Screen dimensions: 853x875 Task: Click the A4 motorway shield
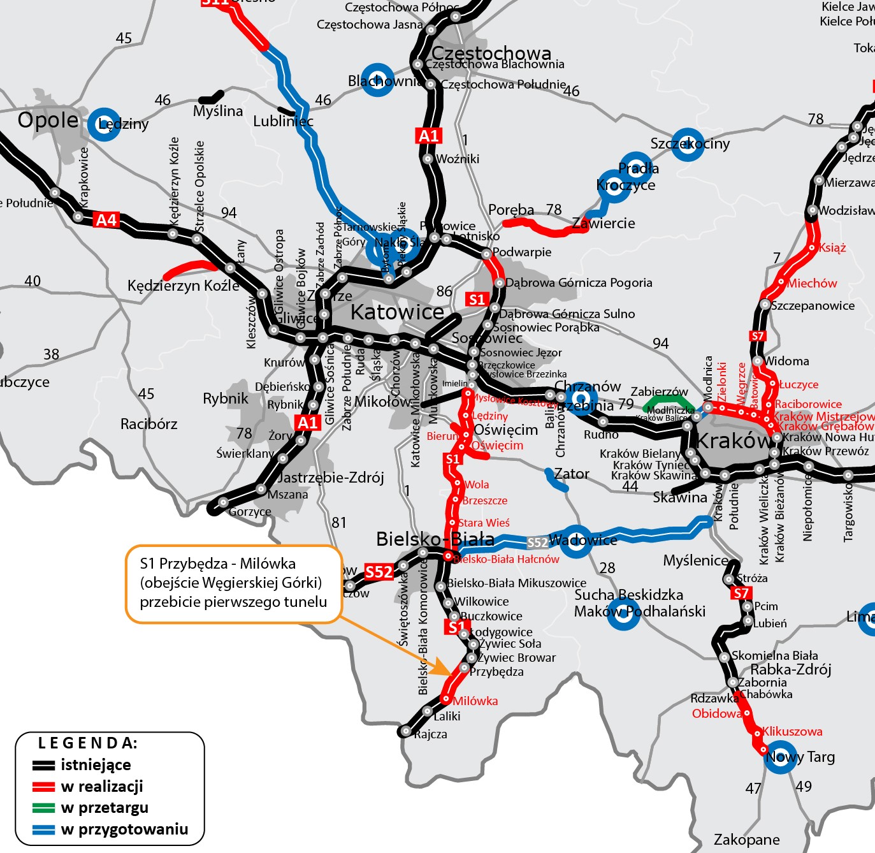coord(106,220)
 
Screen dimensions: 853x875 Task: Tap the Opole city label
coord(48,120)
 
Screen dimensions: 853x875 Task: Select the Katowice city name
coord(397,312)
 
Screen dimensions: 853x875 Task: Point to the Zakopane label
coord(746,839)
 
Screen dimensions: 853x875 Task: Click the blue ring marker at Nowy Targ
coord(779,757)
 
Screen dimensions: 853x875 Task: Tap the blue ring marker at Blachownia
coord(377,80)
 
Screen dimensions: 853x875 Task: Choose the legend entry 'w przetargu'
coord(105,808)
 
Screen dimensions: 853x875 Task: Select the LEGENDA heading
coord(87,743)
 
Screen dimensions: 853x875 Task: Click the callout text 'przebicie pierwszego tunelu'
coord(233,602)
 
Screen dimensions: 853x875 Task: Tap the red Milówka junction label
coord(475,701)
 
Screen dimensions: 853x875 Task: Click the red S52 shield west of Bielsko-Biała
coord(379,572)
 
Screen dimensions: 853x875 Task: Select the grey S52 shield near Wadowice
coord(537,543)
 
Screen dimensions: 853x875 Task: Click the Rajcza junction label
coord(431,734)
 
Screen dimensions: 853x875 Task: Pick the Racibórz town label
coord(148,424)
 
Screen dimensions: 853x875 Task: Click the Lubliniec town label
coord(283,121)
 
